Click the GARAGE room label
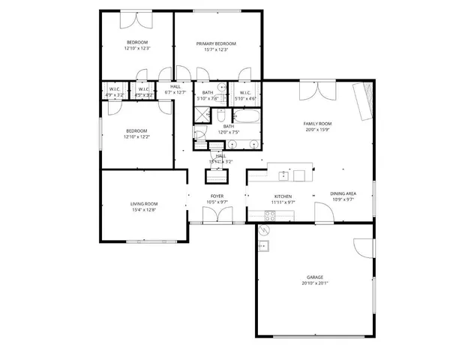pos(314,277)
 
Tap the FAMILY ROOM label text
pos(317,124)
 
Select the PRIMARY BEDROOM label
pos(216,43)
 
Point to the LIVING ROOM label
pos(144,204)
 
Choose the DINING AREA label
pos(343,193)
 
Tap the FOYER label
pos(217,196)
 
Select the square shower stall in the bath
pos(202,115)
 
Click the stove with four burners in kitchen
pos(269,215)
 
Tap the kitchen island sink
pos(284,175)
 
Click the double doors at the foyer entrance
pos(213,216)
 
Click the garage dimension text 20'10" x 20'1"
pos(314,283)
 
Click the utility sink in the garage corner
pos(263,245)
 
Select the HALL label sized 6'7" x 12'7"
pos(175,90)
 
